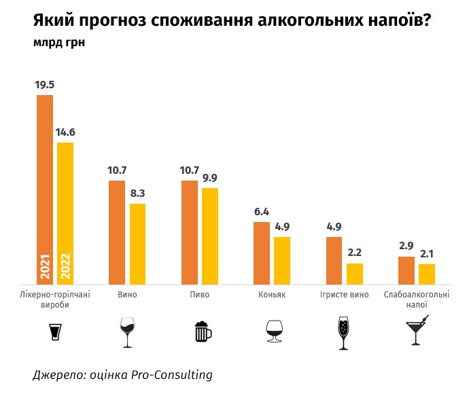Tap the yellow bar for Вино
pos(137,244)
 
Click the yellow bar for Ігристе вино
pos(355,274)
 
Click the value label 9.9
pos(209,178)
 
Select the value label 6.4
pos(262,212)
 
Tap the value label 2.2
pos(355,253)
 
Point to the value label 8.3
pos(137,193)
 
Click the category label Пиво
pos(200,295)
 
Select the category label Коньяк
pos(272,295)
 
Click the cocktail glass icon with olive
pos(416,331)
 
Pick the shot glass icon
pos(56,332)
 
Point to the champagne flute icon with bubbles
pos(343,333)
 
